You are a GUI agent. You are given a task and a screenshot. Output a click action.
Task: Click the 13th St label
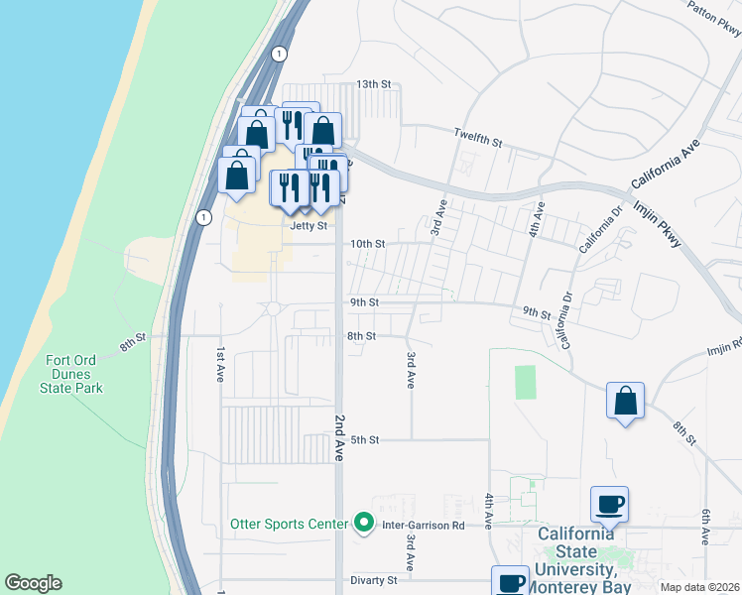376,84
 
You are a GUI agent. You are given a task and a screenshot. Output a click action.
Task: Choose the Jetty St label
309,225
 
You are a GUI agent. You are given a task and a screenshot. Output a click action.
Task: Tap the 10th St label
367,244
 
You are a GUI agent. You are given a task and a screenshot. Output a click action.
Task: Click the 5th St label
366,439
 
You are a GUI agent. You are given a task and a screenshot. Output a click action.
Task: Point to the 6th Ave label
705,526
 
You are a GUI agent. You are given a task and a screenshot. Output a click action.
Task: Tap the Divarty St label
374,580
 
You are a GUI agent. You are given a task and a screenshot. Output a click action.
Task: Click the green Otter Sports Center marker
364,524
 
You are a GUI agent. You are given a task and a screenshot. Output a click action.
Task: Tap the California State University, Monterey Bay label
583,561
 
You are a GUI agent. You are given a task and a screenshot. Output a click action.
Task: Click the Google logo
33,583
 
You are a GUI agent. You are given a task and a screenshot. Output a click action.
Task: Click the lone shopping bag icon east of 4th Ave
625,402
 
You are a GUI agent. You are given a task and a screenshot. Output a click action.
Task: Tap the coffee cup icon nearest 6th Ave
609,505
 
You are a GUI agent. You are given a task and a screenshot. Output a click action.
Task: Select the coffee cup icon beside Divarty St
510,581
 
